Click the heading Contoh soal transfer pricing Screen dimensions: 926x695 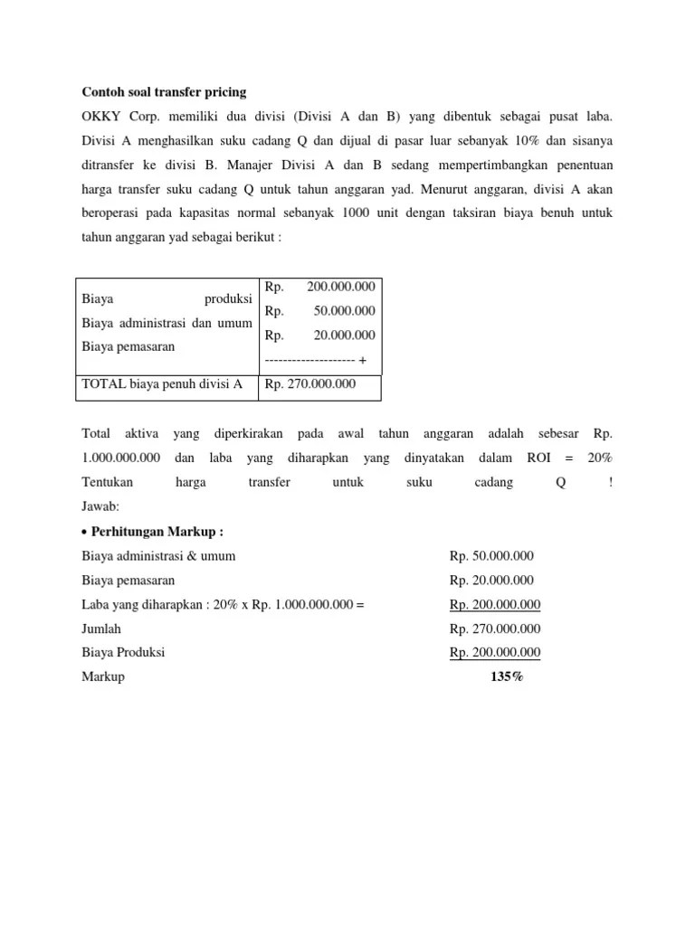point(164,92)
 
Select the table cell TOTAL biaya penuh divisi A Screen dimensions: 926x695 point(162,384)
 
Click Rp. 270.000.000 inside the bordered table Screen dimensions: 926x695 point(309,384)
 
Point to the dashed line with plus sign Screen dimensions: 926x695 point(315,360)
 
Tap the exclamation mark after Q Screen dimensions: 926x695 point(611,483)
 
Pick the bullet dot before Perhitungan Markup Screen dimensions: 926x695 point(85,532)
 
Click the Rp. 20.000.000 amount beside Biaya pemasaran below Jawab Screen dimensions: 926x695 point(491,581)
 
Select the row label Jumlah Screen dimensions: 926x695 point(101,629)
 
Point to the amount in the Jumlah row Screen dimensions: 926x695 point(495,629)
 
